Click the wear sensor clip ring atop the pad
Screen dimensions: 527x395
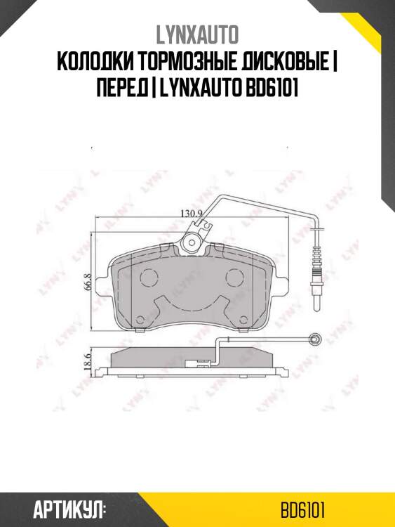pyautogui.click(x=189, y=243)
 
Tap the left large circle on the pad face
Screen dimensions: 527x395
pyautogui.click(x=148, y=276)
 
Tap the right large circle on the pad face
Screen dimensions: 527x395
pyautogui.click(x=234, y=276)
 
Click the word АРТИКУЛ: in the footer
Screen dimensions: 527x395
pyautogui.click(x=69, y=509)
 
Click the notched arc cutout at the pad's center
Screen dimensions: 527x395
pyautogui.click(x=191, y=304)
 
